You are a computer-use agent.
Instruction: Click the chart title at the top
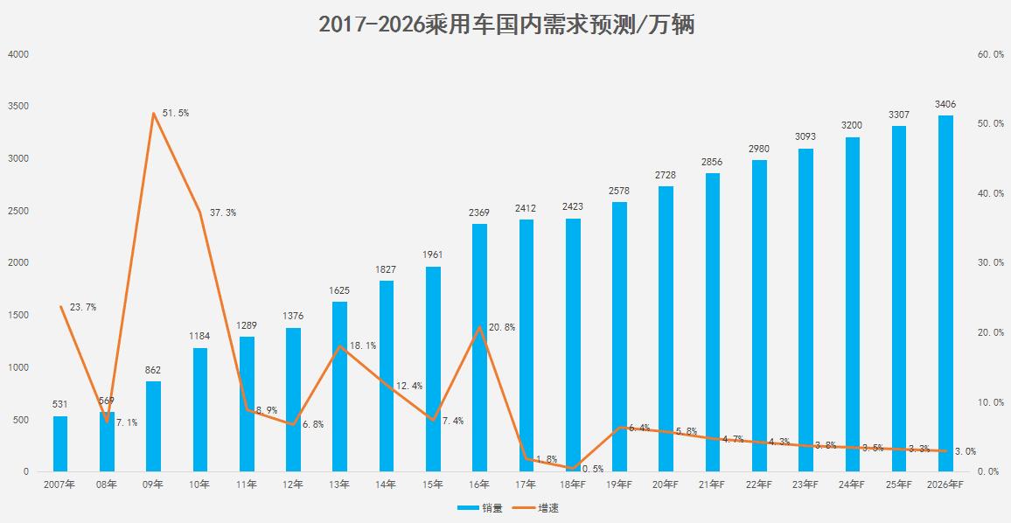point(506,24)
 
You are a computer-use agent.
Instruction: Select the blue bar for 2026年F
point(945,293)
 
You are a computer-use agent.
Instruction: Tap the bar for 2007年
point(60,443)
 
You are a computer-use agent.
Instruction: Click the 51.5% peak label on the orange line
point(175,114)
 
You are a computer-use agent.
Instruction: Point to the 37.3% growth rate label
point(222,213)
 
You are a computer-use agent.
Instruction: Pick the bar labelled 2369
point(479,347)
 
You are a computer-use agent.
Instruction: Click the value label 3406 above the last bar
point(945,104)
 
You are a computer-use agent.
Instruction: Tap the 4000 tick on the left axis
point(18,54)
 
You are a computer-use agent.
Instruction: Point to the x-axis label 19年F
point(618,484)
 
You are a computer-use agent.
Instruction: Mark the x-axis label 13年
point(339,484)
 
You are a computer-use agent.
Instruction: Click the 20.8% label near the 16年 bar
point(502,327)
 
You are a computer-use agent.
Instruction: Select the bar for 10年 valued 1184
point(199,409)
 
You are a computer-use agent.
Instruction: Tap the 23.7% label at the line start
point(82,307)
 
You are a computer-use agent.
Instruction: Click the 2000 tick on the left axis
point(18,263)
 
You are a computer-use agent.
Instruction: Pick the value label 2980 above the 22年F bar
point(758,149)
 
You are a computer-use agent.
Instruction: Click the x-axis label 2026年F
point(945,484)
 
